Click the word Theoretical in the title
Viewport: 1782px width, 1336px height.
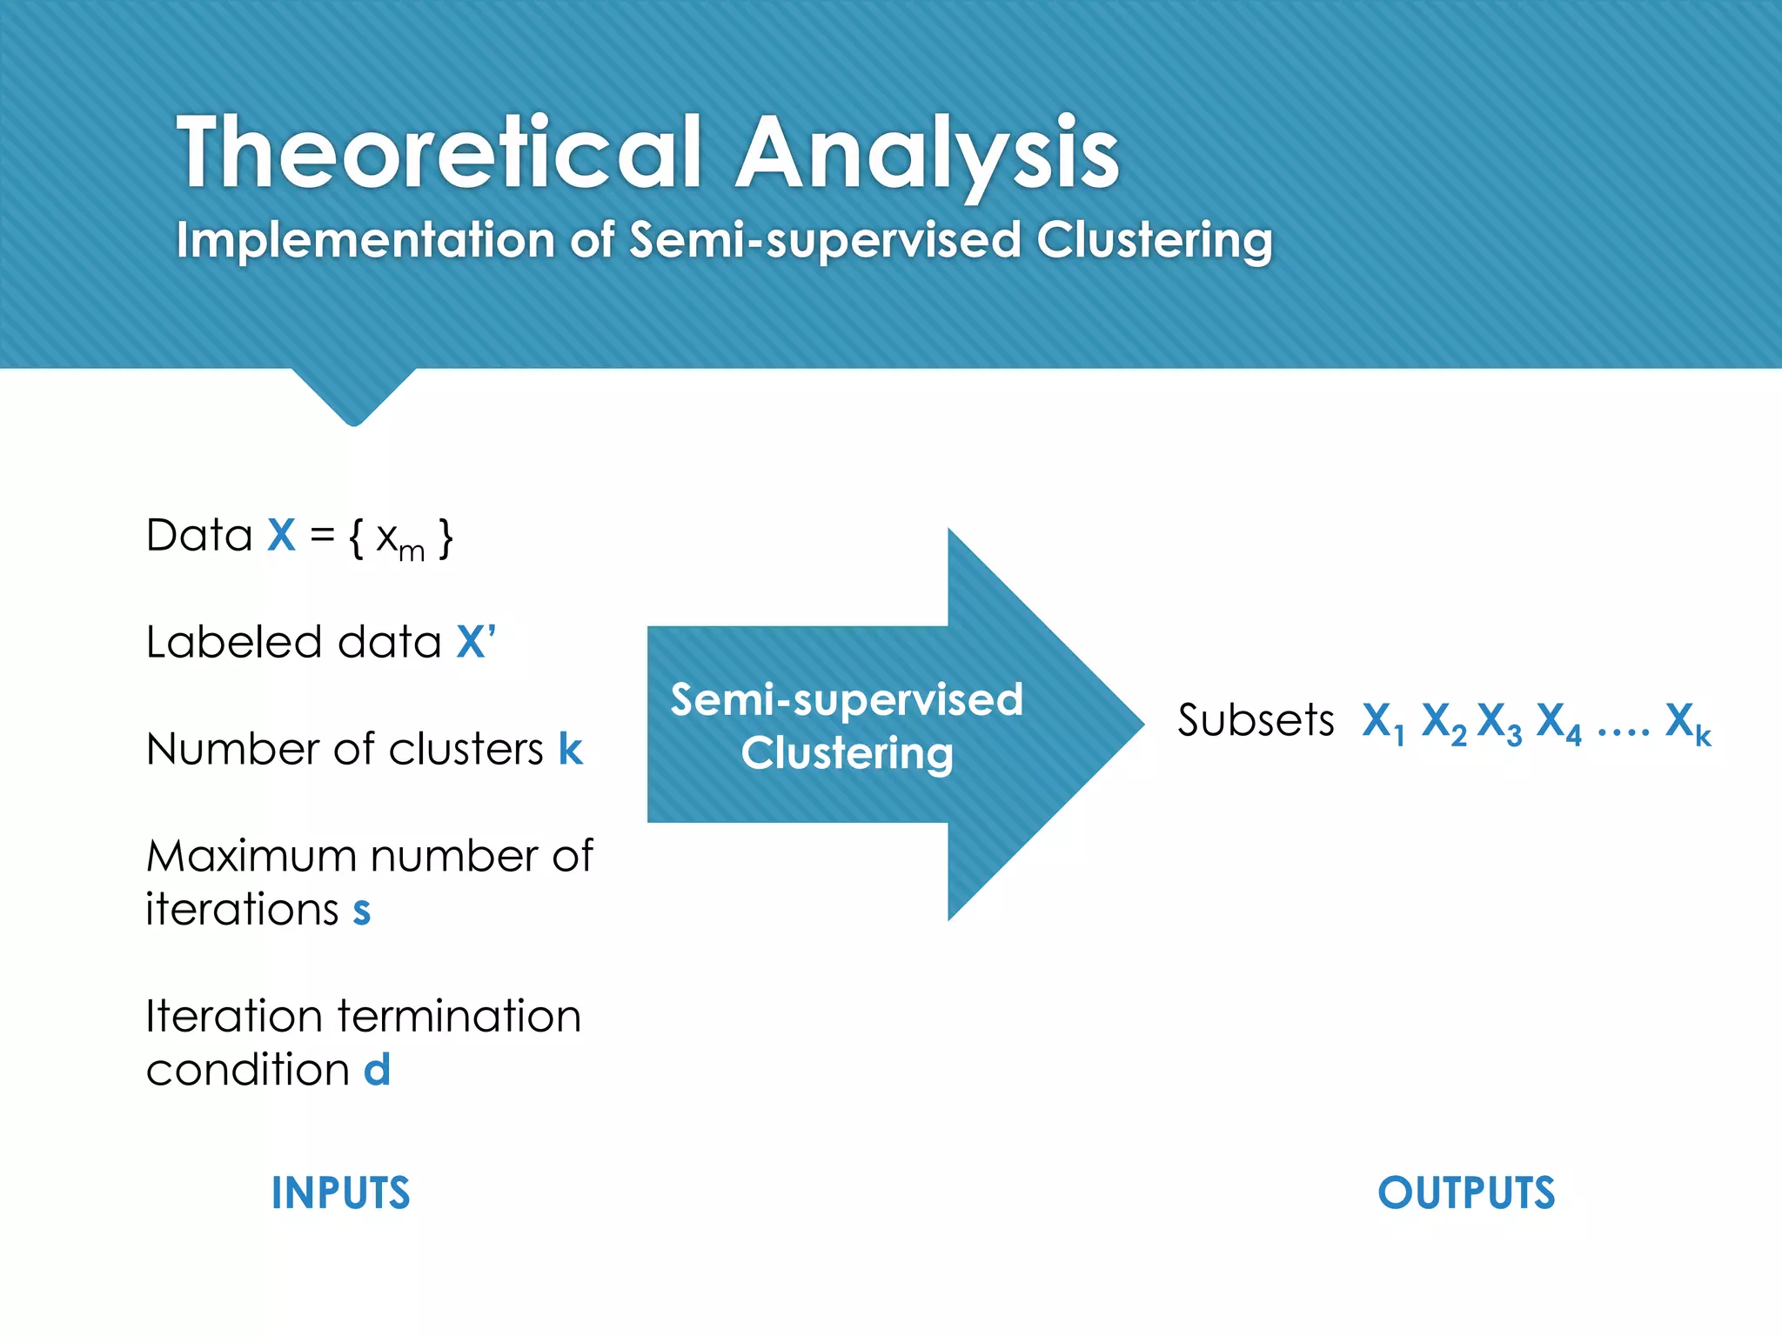coord(439,153)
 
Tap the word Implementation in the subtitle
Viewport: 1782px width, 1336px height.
coord(365,239)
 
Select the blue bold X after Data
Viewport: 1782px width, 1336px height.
coord(281,535)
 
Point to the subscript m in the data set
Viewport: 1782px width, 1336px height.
coord(412,551)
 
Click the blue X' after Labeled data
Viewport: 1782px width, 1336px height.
coord(475,642)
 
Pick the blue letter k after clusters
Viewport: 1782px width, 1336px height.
coord(570,749)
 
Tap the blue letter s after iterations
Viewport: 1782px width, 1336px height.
coord(362,911)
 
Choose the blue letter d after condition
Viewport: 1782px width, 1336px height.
coord(377,1069)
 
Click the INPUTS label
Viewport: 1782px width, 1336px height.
coord(340,1192)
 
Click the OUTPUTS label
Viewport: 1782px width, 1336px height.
coord(1466,1192)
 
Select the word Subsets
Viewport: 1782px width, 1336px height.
coord(1256,720)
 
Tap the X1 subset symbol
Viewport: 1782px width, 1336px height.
coord(1383,722)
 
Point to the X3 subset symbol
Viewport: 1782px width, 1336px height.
coord(1499,722)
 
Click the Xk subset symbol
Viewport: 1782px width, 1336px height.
coord(1687,722)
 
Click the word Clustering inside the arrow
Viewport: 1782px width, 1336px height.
coord(847,753)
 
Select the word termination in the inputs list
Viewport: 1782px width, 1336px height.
coord(459,1016)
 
